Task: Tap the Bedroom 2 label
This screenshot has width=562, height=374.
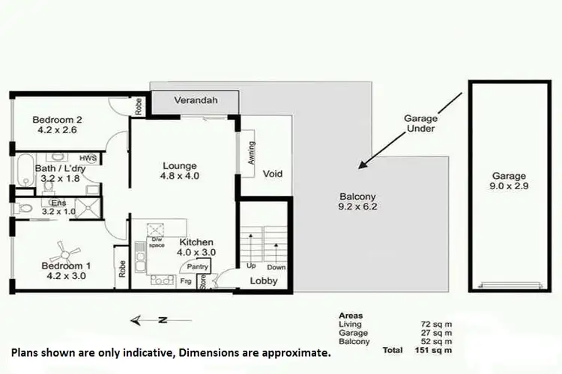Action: (x=57, y=118)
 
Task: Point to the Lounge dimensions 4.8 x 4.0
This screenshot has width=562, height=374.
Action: (x=180, y=177)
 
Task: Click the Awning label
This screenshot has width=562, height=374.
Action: (x=252, y=153)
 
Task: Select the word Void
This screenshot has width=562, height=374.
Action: (x=273, y=174)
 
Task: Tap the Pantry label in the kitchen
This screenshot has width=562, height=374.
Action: (x=198, y=266)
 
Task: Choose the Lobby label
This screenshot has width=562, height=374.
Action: (x=263, y=281)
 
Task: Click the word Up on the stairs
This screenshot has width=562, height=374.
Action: (x=251, y=266)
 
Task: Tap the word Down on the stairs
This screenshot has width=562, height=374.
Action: (x=276, y=266)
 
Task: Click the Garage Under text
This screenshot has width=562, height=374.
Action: (x=420, y=123)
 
